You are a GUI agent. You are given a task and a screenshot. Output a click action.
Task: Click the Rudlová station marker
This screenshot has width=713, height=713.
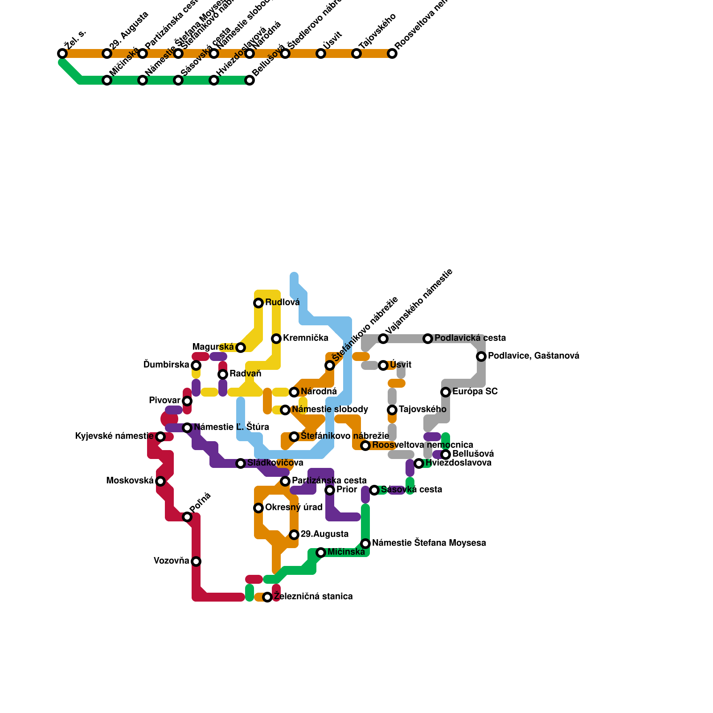pos(258,303)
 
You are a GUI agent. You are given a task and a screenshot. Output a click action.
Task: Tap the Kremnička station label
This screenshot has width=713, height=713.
pos(305,338)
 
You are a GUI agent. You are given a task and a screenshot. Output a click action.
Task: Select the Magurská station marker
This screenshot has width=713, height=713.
pos(241,348)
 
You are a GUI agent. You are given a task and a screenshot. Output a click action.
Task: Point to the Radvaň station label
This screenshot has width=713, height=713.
pos(245,374)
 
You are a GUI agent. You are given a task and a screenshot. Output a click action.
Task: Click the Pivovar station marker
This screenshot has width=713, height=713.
pos(187,401)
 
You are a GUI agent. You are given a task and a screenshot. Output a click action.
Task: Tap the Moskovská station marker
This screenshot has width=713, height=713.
pos(160,481)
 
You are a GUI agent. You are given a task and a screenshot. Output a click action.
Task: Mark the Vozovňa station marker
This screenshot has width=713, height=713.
pos(196,561)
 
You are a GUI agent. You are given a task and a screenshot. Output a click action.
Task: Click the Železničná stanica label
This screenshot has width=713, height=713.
pos(313,597)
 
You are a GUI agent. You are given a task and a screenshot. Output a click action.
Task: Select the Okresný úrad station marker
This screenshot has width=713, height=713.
pos(258,508)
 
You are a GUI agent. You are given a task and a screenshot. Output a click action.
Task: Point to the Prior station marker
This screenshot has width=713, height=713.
pos(330,490)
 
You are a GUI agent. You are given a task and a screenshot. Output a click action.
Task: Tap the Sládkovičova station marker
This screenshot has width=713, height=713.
pos(241,463)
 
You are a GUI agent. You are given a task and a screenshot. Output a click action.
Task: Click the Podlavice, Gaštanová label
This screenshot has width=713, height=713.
pos(533,356)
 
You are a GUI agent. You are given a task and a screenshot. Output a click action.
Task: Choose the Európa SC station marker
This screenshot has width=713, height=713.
pos(446,392)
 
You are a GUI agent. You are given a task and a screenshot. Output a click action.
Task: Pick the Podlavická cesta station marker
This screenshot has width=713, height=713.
pos(428,339)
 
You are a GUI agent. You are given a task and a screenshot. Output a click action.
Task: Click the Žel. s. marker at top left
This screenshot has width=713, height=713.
pos(62,53)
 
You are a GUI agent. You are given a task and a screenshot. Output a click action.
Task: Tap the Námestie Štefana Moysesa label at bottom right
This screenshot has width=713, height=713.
pos(429,543)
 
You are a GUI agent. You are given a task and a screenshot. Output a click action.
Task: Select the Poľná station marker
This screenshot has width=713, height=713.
pos(187,517)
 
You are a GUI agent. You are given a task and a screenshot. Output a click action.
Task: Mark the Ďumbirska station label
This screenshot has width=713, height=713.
pos(166,365)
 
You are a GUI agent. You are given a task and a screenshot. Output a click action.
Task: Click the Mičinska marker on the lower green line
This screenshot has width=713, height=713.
pos(321,553)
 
